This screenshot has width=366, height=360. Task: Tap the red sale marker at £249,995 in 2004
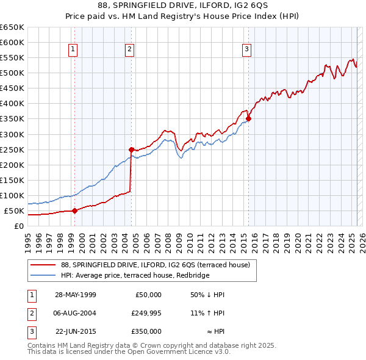131,149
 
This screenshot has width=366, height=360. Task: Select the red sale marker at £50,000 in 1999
74,211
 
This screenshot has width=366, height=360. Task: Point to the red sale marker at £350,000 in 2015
249,118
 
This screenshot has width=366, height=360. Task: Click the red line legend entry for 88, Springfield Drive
156,264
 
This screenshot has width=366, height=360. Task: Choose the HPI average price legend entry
135,276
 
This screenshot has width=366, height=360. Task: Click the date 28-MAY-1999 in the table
76,295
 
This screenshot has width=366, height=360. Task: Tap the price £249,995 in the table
146,313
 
